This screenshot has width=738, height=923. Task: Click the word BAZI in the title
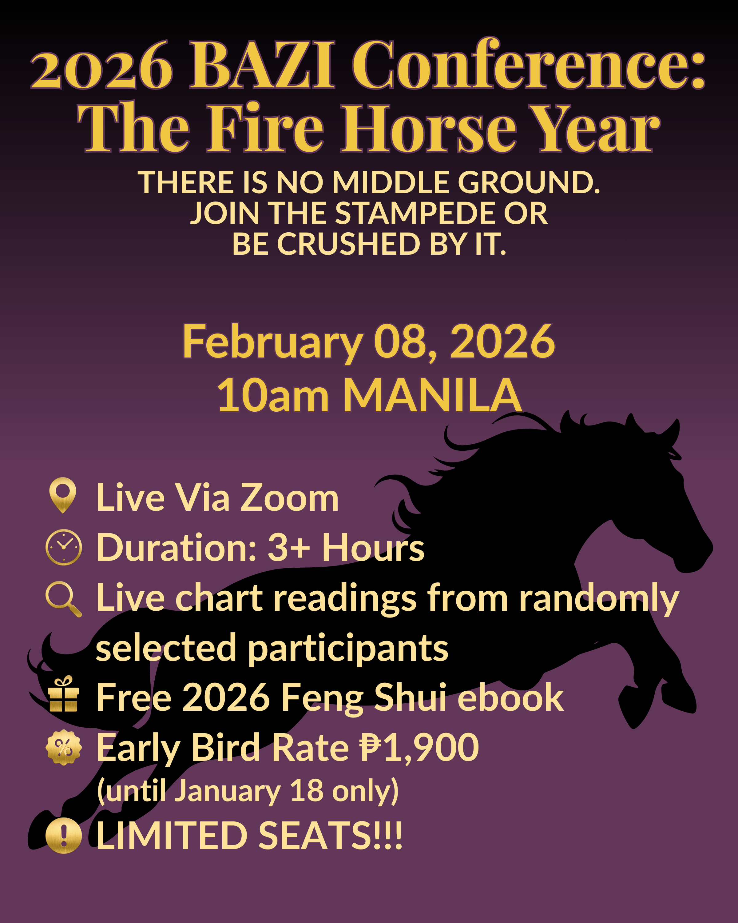click(262, 65)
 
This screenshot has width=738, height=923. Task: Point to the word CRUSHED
click(348, 244)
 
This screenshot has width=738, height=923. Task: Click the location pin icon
click(63, 495)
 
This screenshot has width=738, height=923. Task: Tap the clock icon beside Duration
click(63, 548)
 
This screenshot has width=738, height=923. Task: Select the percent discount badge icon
click(63, 747)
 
